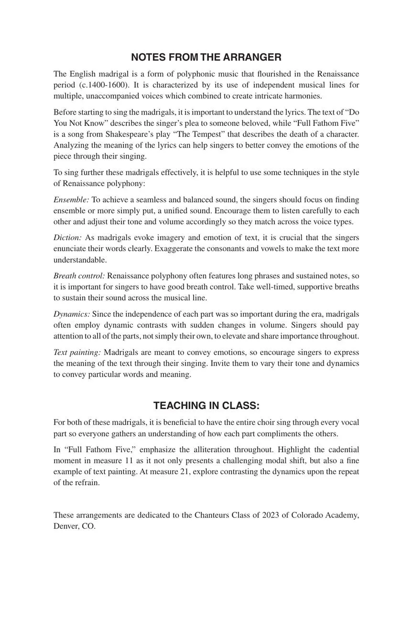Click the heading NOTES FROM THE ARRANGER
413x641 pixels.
coord(206,57)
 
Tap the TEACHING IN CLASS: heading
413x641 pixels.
coord(206,406)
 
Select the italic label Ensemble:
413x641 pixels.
coord(71,200)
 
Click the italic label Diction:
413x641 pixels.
coord(67,238)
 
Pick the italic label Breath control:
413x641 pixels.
coord(79,276)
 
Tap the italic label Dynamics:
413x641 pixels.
coord(72,314)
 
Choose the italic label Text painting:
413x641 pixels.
coord(77,352)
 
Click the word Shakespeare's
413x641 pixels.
coord(135,134)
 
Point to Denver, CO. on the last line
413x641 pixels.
coord(75,526)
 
